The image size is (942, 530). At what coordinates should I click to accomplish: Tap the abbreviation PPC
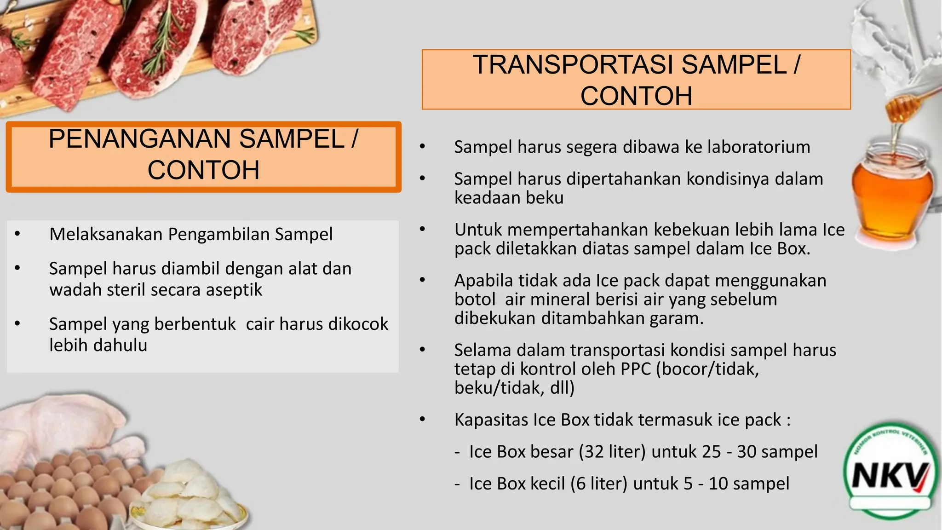[x=636, y=369]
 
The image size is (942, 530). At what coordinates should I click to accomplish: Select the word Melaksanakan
[x=106, y=235]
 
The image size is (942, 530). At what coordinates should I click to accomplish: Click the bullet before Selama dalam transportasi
[x=423, y=350]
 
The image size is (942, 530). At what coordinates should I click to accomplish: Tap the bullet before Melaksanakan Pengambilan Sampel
[x=17, y=234]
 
